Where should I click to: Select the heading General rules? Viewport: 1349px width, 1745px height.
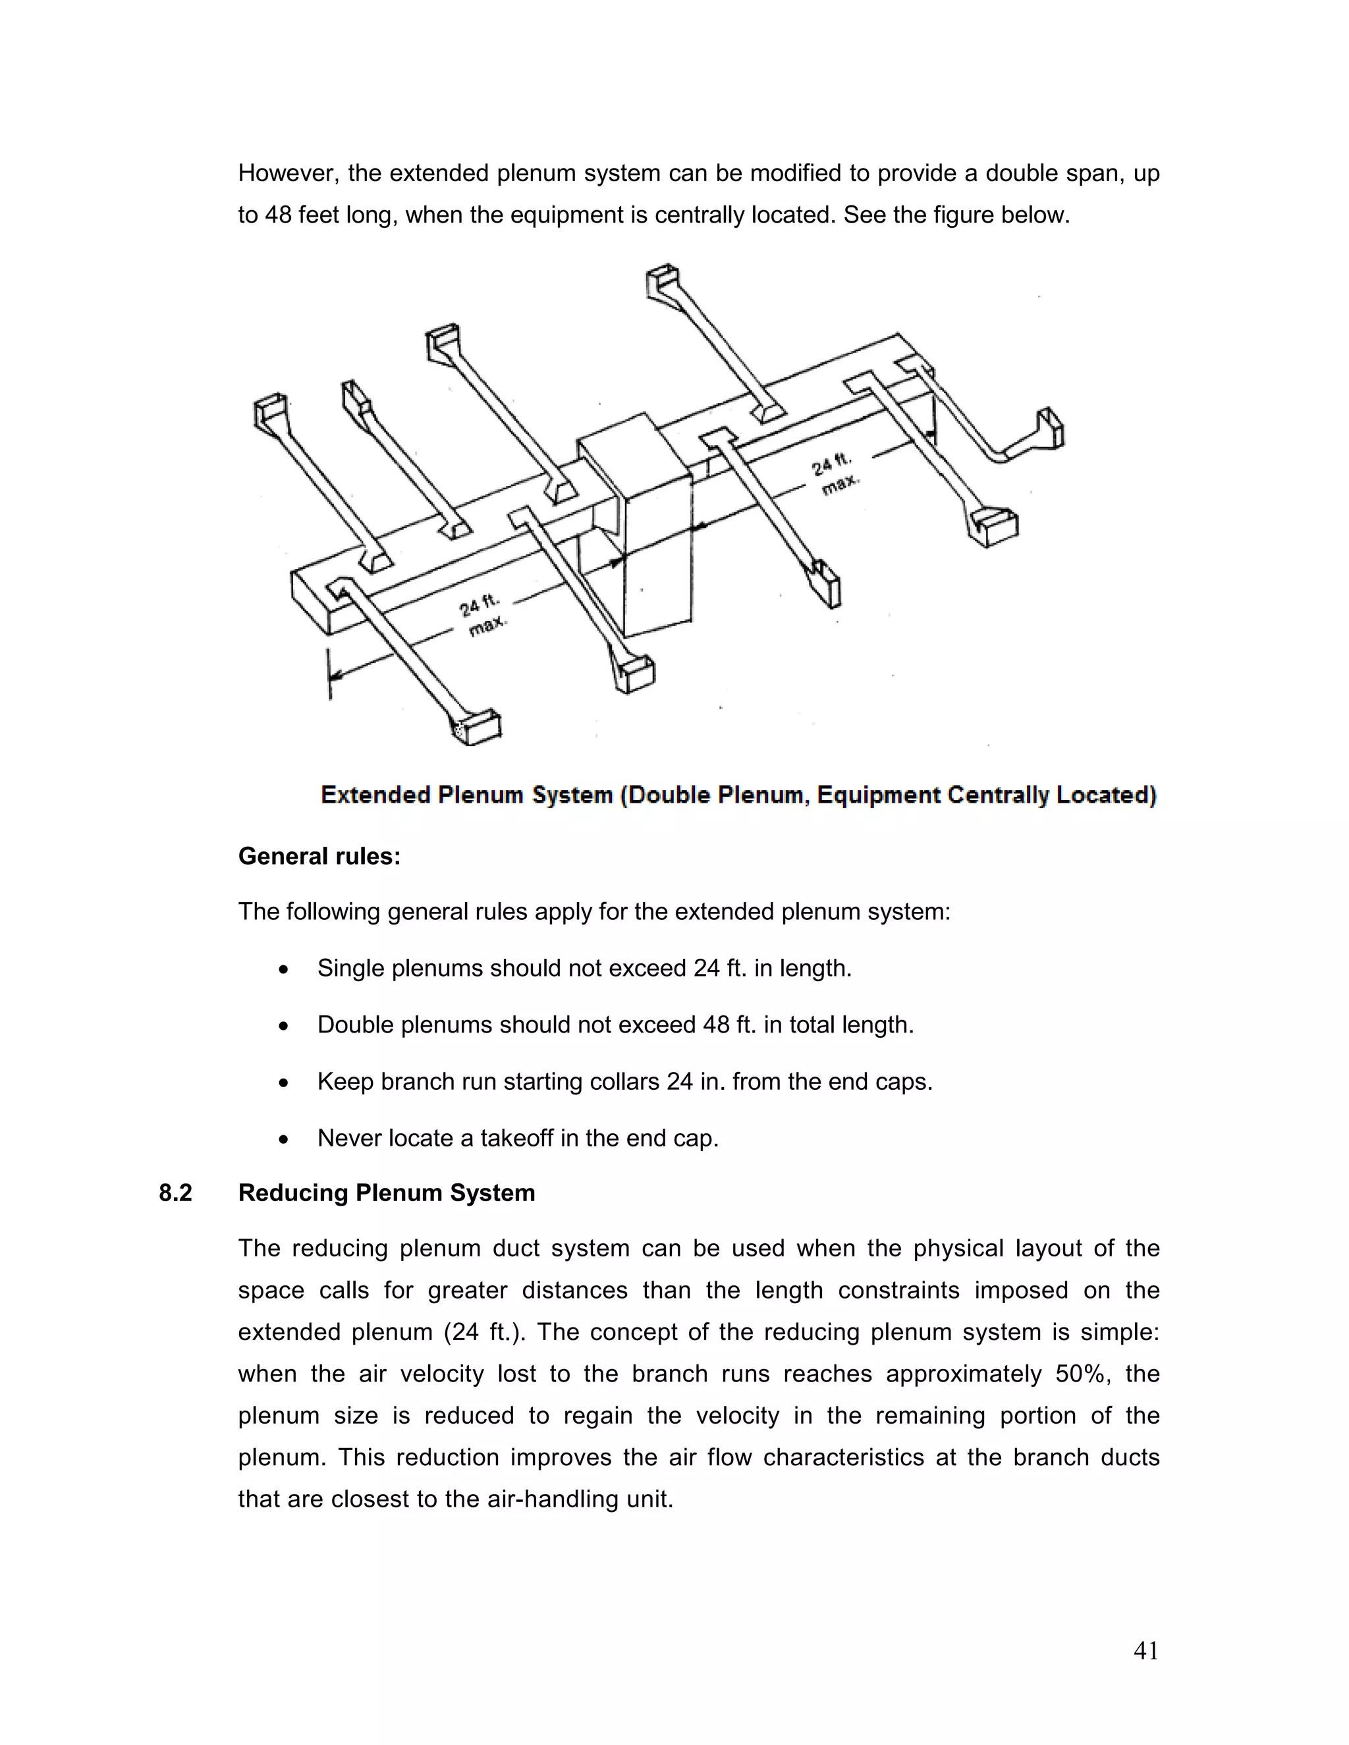click(x=319, y=857)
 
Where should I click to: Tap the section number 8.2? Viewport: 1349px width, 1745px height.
click(x=175, y=1193)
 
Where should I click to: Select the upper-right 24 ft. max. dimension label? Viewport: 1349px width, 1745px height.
click(x=835, y=473)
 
